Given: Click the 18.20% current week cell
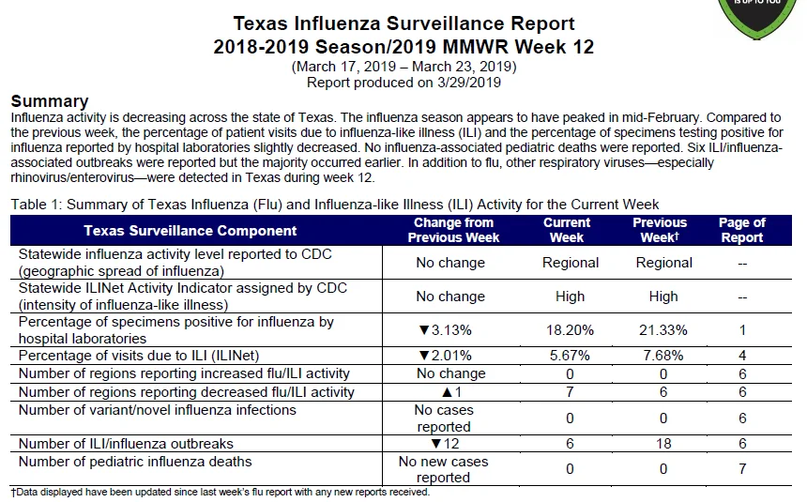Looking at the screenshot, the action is (x=570, y=330).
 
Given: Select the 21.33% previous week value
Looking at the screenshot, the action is (x=662, y=330).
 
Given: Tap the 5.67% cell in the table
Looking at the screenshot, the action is (x=570, y=356).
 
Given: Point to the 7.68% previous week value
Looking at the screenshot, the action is (x=662, y=356).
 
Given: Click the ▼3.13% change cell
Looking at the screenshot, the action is (x=445, y=330).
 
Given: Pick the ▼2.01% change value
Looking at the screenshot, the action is (x=445, y=356).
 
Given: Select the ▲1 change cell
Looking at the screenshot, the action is (x=452, y=392).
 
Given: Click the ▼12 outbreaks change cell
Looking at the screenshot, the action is (x=445, y=443).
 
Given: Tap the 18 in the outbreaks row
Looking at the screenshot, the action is (x=663, y=443).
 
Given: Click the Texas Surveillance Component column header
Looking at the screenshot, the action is (x=190, y=231).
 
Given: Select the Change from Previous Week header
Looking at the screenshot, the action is (x=453, y=230).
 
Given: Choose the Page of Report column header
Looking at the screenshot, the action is (x=741, y=230).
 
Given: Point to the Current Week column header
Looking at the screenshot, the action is (x=567, y=230).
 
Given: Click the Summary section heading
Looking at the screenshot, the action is (x=50, y=101).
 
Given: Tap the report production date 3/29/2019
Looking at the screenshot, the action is (x=469, y=83).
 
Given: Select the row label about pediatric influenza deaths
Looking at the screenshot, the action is (x=135, y=462).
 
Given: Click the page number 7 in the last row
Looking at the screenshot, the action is (x=742, y=469).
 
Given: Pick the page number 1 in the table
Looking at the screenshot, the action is (x=742, y=330).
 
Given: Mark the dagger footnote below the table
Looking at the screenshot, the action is (x=221, y=492).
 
